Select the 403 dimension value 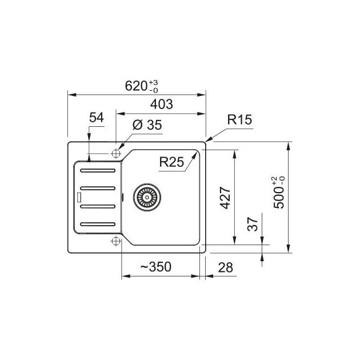coord(161,104)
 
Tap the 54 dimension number coord(97,118)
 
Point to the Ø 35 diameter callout coord(147,125)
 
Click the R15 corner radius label coord(239,119)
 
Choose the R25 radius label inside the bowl coord(171,162)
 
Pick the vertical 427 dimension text coord(225,198)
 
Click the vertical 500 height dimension coord(279,193)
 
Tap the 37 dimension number coord(253,224)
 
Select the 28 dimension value coord(225,267)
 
